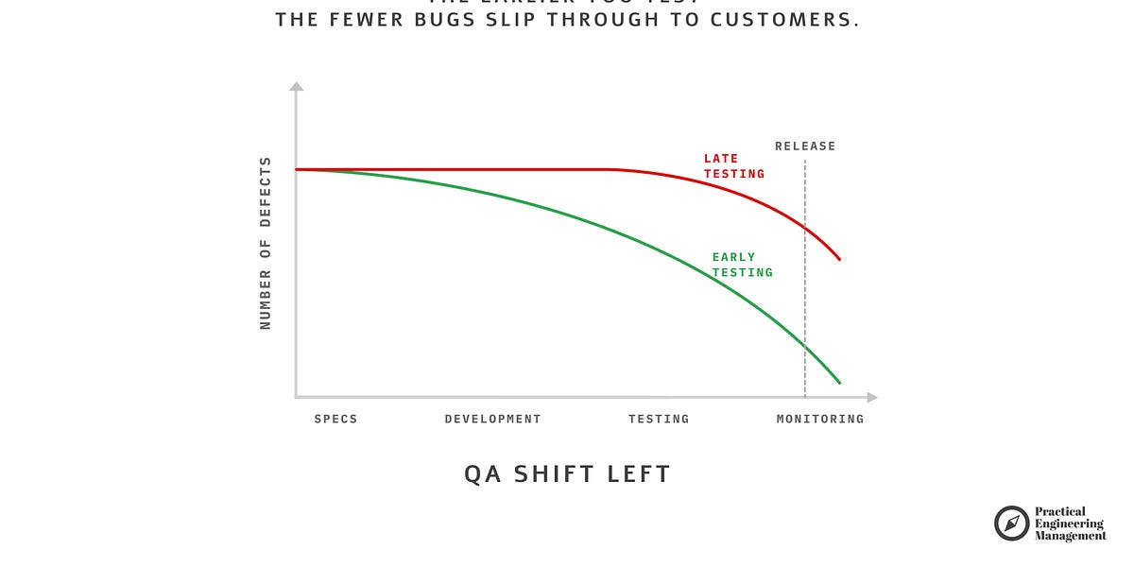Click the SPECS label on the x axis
tap(335, 419)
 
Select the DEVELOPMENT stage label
tap(492, 419)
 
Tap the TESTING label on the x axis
tap(659, 419)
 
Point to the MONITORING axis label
tap(819, 419)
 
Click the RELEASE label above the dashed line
tap(805, 146)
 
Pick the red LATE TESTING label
tap(733, 166)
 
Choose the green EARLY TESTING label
tap(742, 265)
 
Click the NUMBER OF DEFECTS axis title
tap(266, 243)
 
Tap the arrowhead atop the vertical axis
tap(296, 87)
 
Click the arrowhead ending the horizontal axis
tap(872, 398)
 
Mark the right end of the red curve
tap(839, 259)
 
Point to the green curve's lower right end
tap(839, 383)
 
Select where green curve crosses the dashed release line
tap(805, 342)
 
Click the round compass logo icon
tap(1011, 524)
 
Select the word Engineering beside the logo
tap(1069, 524)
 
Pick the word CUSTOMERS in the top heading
tap(796, 20)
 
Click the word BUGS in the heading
tap(429, 20)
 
